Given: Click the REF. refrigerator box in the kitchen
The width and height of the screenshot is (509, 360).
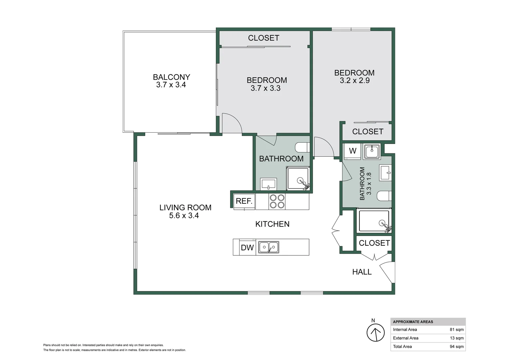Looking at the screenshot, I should [244, 201].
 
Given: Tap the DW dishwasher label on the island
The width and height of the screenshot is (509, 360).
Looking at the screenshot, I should [247, 248].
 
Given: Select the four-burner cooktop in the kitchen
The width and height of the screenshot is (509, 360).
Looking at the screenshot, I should [277, 201].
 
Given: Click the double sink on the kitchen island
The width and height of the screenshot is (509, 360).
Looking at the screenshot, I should [268, 247].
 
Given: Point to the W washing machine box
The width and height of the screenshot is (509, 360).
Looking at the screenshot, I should [352, 151].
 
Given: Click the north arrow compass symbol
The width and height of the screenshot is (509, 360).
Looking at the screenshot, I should [375, 333].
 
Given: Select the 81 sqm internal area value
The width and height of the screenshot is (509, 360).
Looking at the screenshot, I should [456, 330].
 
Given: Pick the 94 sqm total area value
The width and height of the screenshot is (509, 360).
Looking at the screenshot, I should [456, 347].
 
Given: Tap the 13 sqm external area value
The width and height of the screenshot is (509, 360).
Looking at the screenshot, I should [456, 338].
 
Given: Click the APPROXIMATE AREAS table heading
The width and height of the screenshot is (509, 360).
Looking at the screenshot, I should [413, 322].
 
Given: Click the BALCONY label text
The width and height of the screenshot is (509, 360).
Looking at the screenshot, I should [171, 77].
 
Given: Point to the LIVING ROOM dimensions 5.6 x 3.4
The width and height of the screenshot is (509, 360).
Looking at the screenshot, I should [184, 216].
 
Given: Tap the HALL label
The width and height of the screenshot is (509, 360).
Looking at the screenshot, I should [362, 272].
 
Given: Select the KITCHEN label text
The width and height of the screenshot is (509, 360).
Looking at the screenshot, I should [272, 224].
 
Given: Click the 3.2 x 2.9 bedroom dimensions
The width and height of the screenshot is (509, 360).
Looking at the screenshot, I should [354, 81].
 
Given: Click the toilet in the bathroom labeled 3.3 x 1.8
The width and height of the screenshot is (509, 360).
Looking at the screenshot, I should [384, 196].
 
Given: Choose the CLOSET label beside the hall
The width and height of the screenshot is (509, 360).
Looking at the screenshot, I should [374, 243].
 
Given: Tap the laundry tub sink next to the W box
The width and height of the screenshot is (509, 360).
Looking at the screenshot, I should [372, 152].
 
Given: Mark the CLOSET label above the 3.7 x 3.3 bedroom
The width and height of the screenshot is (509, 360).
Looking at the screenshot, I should [263, 38].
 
